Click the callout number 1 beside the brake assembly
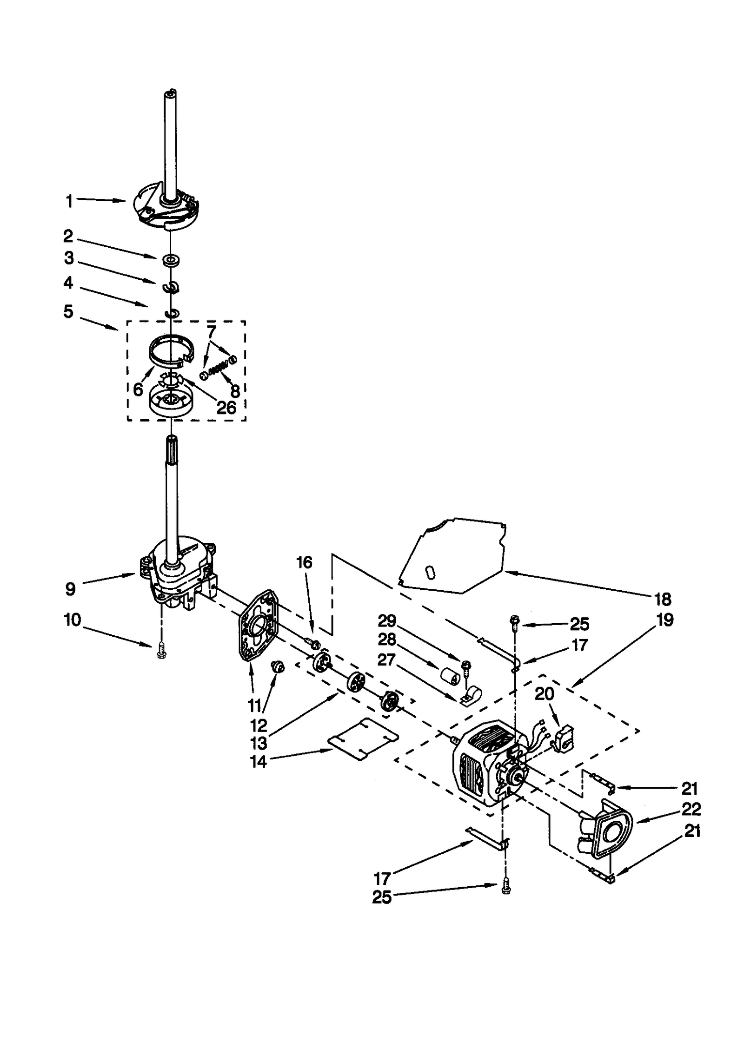69,202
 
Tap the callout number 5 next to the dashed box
68,311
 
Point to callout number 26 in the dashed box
226,408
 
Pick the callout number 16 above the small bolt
304,563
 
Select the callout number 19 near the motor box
664,620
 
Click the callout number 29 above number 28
386,621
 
